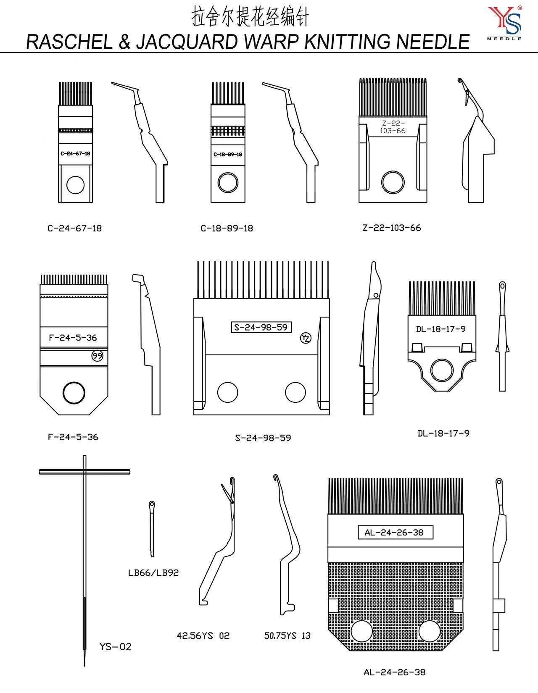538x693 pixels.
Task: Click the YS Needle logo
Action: click(x=504, y=23)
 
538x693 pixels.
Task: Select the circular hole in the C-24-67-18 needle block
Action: click(x=76, y=185)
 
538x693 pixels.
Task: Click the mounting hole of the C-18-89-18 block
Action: click(x=228, y=183)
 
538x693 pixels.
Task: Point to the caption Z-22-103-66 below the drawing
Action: click(x=391, y=228)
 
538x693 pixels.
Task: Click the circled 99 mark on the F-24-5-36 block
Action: click(x=98, y=356)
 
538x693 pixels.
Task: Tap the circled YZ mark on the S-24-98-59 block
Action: click(x=306, y=338)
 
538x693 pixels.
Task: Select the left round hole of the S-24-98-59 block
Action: click(x=227, y=392)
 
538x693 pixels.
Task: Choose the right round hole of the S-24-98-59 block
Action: click(x=295, y=392)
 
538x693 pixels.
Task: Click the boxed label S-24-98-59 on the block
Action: click(x=261, y=327)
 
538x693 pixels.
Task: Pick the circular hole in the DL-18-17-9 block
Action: click(x=442, y=370)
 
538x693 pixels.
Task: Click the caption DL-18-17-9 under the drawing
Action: click(x=443, y=433)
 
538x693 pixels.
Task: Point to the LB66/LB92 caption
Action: click(x=153, y=573)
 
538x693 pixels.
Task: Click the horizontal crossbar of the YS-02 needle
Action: click(x=84, y=472)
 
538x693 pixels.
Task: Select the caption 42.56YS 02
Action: click(x=203, y=636)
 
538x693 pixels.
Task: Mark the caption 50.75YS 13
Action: click(x=287, y=636)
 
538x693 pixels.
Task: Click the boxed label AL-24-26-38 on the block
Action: click(x=395, y=533)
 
